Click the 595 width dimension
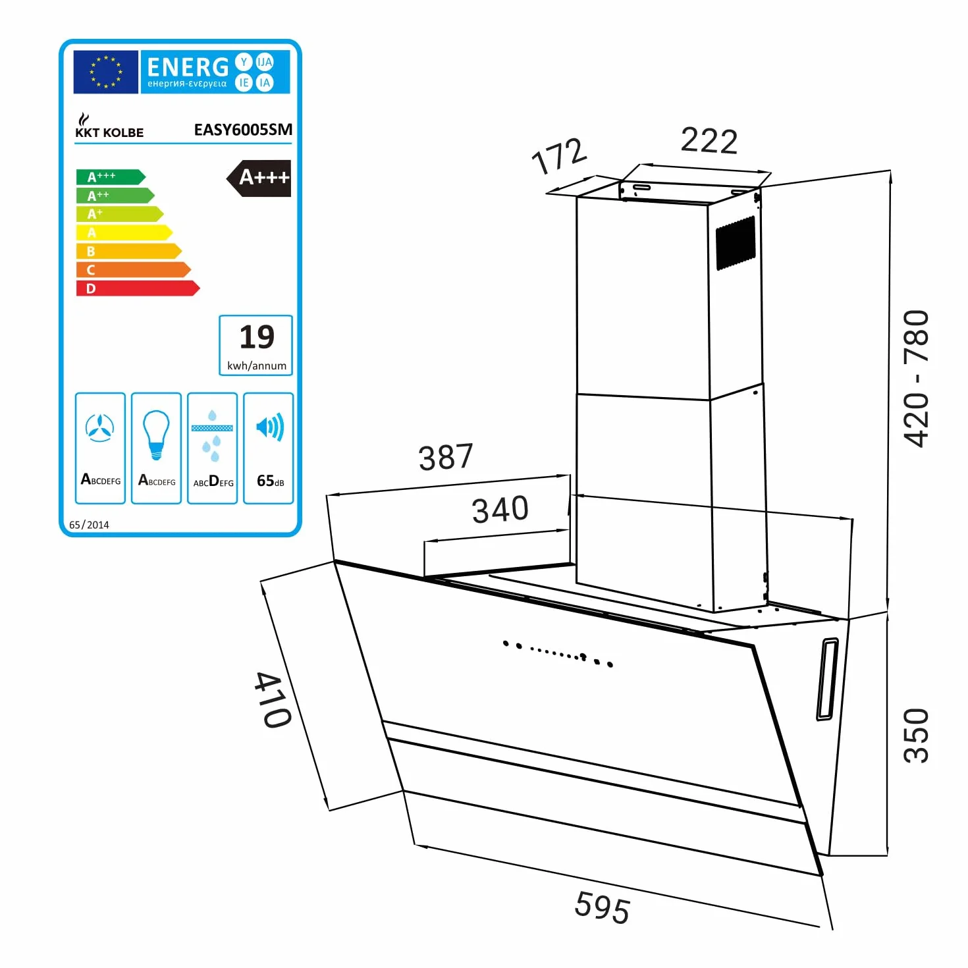[602, 907]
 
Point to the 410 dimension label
[273, 699]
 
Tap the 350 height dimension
[916, 736]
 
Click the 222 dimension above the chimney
[709, 141]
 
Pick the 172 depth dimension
[559, 155]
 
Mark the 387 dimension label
[446, 456]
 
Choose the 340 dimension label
[500, 510]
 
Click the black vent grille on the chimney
[736, 243]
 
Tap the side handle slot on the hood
[827, 679]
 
